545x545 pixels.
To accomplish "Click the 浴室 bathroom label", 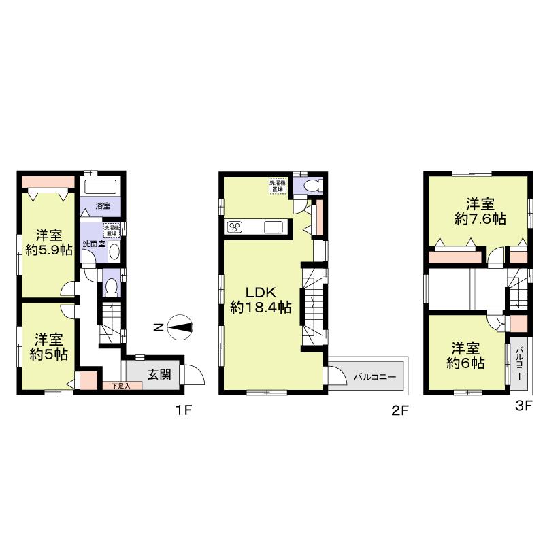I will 103,205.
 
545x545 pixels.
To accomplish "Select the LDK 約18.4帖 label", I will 260,299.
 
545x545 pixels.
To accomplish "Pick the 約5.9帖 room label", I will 49,242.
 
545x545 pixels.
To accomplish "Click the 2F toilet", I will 313,185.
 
